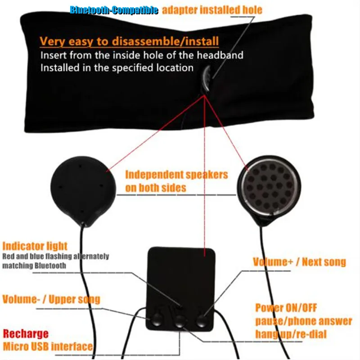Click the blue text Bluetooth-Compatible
pos(114,10)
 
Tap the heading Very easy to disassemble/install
pos(129,41)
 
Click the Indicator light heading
pos(35,246)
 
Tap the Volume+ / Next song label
pos(299,262)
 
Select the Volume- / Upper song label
pos(51,299)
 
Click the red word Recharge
pos(26,334)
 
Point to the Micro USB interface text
pos(48,346)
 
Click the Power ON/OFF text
pos(286,308)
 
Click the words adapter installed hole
pos(212,10)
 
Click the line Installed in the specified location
pos(117,68)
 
